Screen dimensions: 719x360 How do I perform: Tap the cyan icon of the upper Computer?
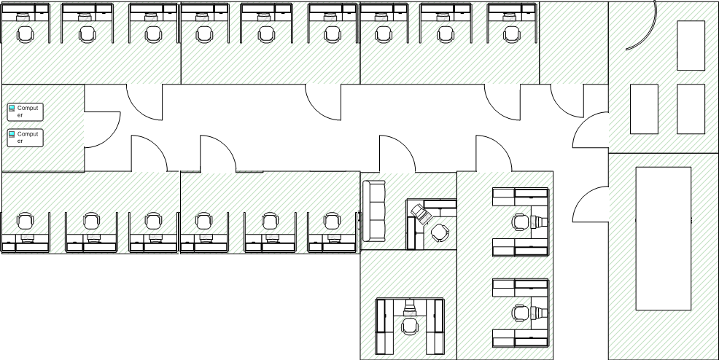pyautogui.click(x=12, y=108)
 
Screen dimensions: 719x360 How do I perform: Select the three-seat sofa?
pyautogui.click(x=373, y=211)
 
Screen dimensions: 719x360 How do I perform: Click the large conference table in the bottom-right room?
pyautogui.click(x=663, y=238)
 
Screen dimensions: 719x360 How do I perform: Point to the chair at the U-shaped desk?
pyautogui.click(x=410, y=327)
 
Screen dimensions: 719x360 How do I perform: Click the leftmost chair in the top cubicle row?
pyautogui.click(x=26, y=34)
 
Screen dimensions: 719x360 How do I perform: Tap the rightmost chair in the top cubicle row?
pyautogui.click(x=511, y=34)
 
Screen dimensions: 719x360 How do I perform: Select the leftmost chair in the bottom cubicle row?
pyautogui.click(x=26, y=222)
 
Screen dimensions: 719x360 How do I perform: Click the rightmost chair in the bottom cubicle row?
pyautogui.click(x=331, y=222)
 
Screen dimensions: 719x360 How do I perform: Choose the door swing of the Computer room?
pyautogui.click(x=103, y=130)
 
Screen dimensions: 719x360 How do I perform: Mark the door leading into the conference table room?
pyautogui.click(x=591, y=204)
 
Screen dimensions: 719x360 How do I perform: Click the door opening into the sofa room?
pyautogui.click(x=397, y=154)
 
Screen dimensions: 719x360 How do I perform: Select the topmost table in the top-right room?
pyautogui.click(x=691, y=45)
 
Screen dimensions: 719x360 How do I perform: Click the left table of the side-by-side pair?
pyautogui.click(x=645, y=109)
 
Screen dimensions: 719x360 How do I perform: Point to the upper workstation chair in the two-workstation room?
pyautogui.click(x=521, y=222)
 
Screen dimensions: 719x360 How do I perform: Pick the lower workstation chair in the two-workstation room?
pyautogui.click(x=521, y=313)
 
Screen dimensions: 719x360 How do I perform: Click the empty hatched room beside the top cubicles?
pyautogui.click(x=574, y=43)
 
